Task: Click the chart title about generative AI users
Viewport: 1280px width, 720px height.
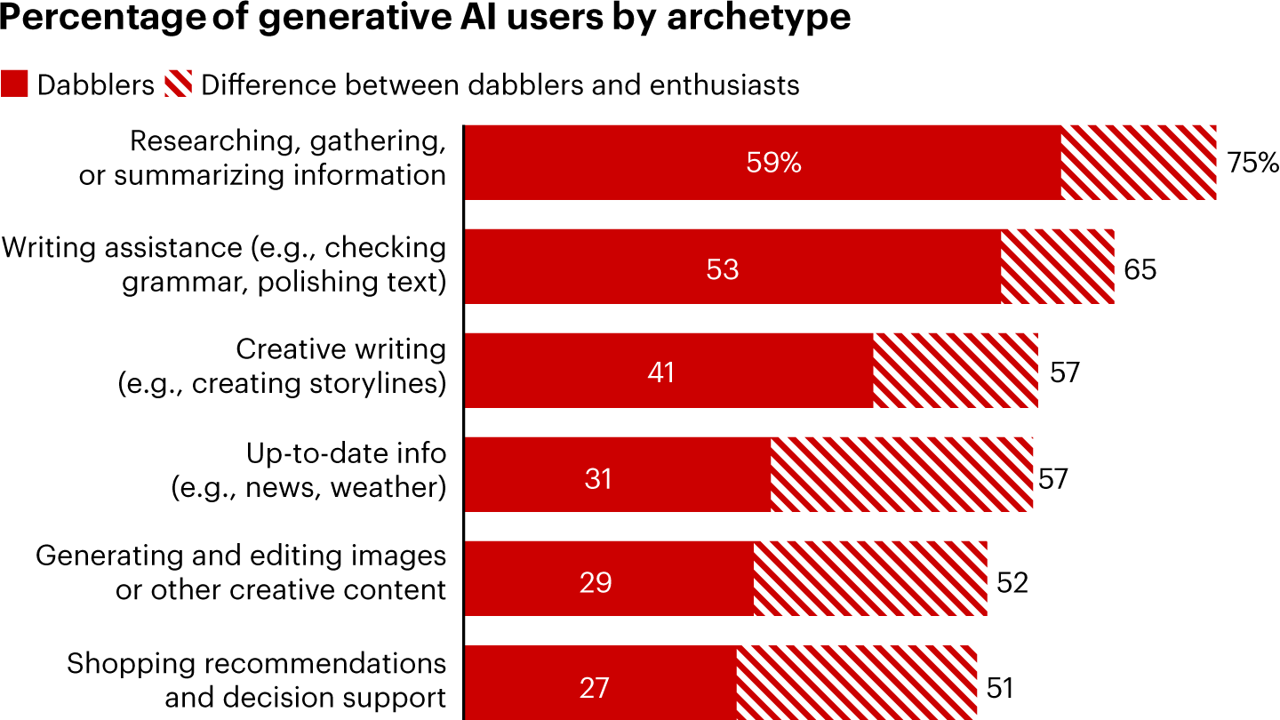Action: click(426, 20)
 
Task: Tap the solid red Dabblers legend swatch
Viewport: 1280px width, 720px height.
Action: click(15, 84)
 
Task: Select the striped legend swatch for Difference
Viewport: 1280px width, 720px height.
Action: click(178, 84)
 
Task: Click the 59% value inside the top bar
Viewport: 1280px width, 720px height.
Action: click(773, 163)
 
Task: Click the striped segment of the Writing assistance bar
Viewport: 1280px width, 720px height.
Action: click(1057, 267)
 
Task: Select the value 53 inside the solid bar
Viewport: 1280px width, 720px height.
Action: click(722, 268)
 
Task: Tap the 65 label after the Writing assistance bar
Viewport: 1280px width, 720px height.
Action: click(1140, 268)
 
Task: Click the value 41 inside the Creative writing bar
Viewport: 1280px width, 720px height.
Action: click(660, 372)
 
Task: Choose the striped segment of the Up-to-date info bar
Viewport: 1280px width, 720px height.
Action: click(901, 475)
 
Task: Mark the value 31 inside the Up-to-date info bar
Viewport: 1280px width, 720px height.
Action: click(599, 479)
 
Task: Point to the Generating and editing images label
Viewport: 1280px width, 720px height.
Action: click(241, 573)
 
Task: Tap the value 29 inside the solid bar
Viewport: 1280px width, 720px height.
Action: click(595, 583)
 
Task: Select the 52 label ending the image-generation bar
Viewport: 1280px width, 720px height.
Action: click(1012, 582)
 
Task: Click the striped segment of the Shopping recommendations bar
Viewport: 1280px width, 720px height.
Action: click(856, 683)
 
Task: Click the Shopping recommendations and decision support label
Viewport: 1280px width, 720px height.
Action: click(257, 680)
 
